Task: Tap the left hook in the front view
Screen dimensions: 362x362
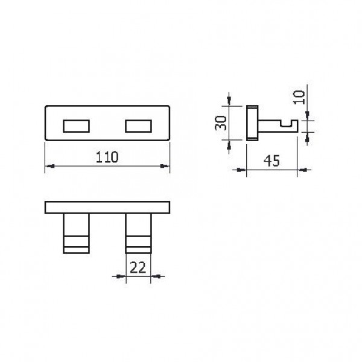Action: tap(76, 233)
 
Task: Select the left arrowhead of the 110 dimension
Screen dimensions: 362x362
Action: tap(49, 166)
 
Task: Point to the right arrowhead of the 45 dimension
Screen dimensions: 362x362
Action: tap(297, 171)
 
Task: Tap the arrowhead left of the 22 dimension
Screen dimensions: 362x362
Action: tap(120, 277)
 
